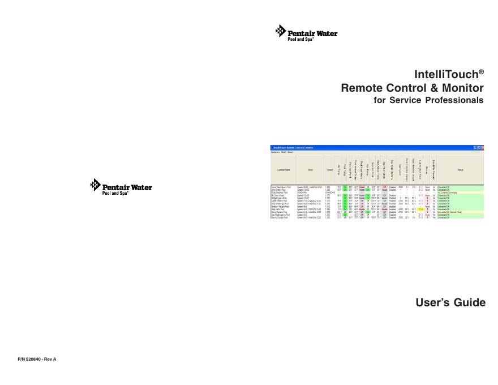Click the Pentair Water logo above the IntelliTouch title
pos(306,33)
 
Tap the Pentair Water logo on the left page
pos(121,187)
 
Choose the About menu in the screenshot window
pos(290,152)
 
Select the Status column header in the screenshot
pos(460,169)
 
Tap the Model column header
pos(310,169)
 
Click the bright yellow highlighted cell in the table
pos(420,209)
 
